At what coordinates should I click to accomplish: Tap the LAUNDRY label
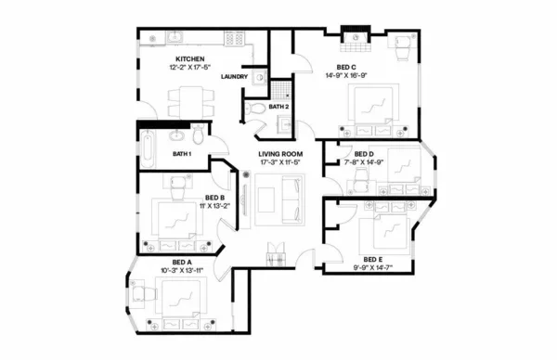click(x=234, y=76)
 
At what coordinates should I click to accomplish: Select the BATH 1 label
click(x=182, y=153)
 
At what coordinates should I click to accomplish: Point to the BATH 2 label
click(x=279, y=107)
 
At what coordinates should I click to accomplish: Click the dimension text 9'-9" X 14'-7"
click(x=372, y=267)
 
